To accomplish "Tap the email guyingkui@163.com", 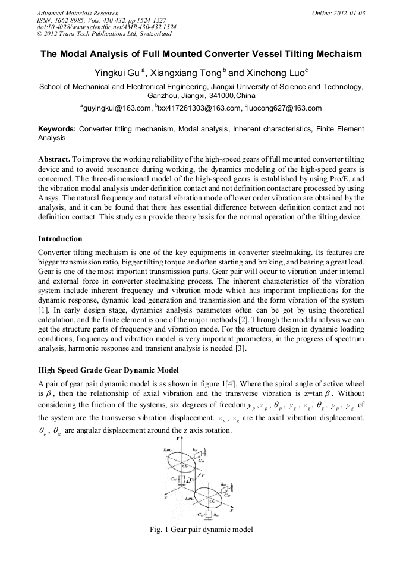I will (117, 108).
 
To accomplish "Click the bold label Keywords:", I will (57, 128).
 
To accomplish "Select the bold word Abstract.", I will (54, 160).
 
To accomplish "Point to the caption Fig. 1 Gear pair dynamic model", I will (202, 530).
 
